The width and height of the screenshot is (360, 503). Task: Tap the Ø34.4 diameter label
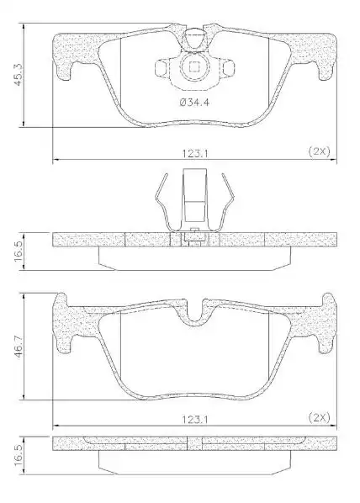(x=194, y=103)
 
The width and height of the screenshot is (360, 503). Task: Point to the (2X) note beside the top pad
(x=317, y=152)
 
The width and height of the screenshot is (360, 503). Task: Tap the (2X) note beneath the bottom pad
(x=317, y=416)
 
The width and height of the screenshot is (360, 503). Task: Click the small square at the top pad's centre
(x=194, y=68)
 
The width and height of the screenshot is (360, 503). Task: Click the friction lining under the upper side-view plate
(x=194, y=258)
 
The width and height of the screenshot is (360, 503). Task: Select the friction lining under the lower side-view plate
(x=194, y=462)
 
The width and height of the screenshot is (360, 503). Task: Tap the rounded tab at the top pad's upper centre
(x=194, y=37)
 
